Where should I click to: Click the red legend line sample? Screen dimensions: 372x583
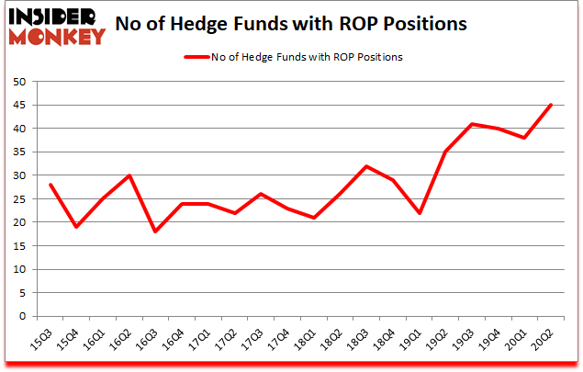click(197, 57)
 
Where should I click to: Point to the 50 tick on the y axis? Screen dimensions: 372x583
click(17, 82)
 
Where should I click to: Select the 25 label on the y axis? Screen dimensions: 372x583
click(17, 199)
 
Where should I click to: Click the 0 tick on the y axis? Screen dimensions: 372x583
click(21, 317)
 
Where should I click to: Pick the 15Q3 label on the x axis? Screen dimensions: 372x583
click(42, 339)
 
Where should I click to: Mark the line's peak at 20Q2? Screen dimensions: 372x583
click(550, 105)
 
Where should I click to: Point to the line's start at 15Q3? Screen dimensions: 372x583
click(50, 185)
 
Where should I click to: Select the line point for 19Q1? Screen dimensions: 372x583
click(419, 213)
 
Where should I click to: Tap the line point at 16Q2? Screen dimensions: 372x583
click(129, 175)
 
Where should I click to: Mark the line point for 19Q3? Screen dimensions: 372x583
click(471, 124)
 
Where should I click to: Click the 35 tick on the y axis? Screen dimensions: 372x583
click(17, 152)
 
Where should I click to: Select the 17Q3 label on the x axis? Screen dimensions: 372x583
click(252, 339)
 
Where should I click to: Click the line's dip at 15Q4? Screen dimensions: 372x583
click(77, 227)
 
